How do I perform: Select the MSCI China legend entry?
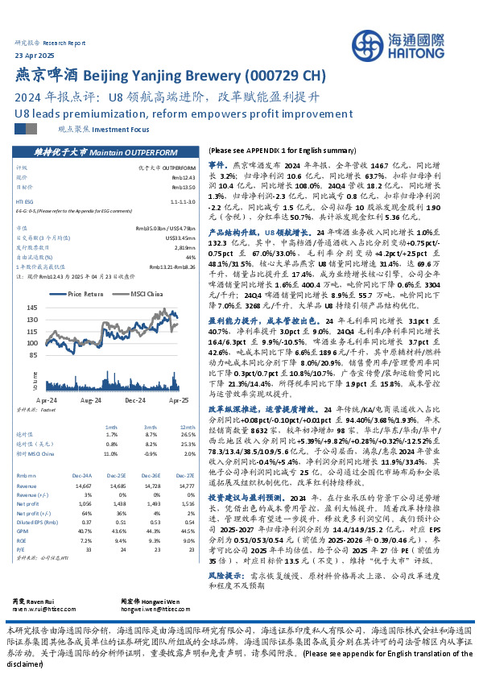click(147, 294)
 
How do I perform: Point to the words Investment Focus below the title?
click(122, 128)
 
